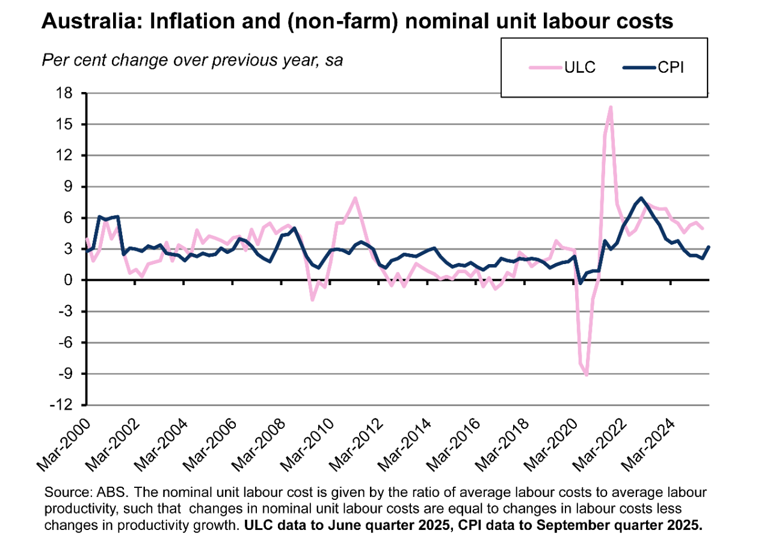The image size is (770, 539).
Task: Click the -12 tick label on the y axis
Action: click(x=63, y=405)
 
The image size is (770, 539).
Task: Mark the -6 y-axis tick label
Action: click(x=66, y=342)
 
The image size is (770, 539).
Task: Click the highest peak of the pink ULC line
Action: click(x=611, y=107)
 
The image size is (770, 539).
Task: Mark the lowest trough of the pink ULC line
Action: click(x=587, y=375)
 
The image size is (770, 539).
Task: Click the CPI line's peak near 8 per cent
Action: click(x=641, y=198)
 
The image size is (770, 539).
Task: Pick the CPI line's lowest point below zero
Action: click(x=581, y=283)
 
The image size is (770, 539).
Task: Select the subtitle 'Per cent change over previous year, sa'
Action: click(x=192, y=60)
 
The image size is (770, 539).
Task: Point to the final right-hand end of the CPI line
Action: click(x=709, y=247)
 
